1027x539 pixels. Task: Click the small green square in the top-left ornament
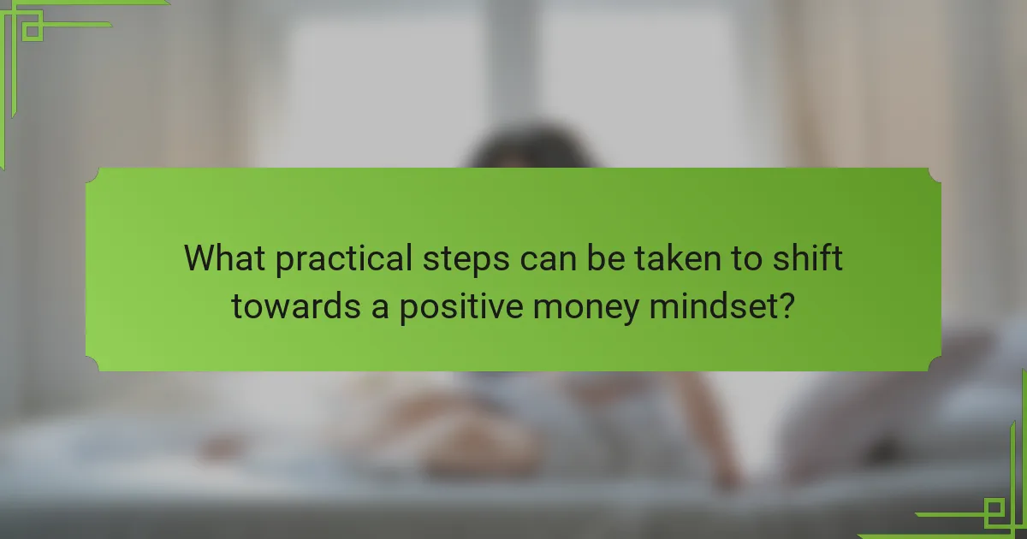click(33, 31)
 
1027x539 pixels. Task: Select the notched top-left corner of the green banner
click(93, 175)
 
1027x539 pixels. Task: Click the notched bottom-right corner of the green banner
click(934, 364)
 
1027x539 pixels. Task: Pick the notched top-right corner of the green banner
click(934, 175)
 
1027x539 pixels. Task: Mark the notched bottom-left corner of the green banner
click(93, 364)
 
